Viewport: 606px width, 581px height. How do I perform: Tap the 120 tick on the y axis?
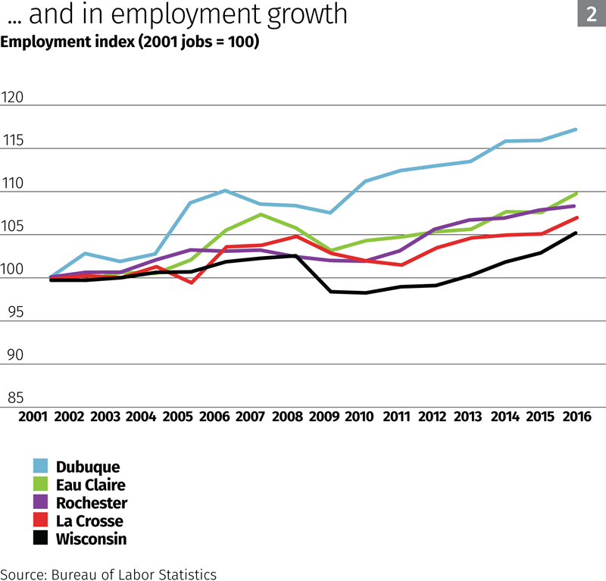pyautogui.click(x=14, y=98)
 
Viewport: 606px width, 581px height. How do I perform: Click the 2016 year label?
pyautogui.click(x=577, y=417)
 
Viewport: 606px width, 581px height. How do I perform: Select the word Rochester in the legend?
pyautogui.click(x=92, y=503)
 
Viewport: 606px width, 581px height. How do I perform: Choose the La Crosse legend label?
pyautogui.click(x=89, y=521)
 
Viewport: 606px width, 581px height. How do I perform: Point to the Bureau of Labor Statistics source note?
pyautogui.click(x=108, y=574)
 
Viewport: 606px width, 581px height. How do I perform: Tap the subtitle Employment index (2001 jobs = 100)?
pyautogui.click(x=130, y=42)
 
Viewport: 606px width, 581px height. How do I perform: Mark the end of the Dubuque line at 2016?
pyautogui.click(x=576, y=130)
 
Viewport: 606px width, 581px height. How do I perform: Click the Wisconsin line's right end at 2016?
pyautogui.click(x=576, y=233)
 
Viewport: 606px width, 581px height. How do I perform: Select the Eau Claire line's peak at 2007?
pyautogui.click(x=261, y=214)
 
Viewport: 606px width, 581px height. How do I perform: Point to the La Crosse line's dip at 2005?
pyautogui.click(x=191, y=283)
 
